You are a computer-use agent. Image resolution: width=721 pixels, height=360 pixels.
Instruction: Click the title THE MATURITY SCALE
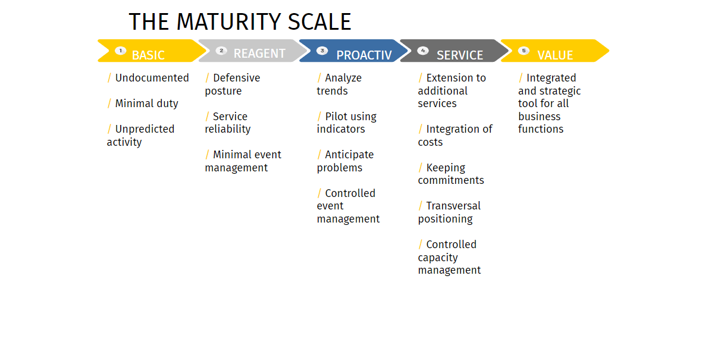pos(240,22)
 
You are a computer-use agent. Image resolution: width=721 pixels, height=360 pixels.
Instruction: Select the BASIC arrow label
pos(148,55)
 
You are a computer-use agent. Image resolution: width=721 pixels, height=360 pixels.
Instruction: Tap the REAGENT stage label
pos(259,54)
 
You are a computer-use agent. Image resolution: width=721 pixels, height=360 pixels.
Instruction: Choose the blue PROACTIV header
pos(363,55)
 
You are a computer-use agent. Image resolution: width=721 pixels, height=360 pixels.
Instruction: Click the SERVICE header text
pos(459,55)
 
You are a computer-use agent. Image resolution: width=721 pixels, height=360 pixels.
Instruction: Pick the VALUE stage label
pos(554,55)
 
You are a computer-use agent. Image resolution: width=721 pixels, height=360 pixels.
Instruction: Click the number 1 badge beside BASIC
pos(121,51)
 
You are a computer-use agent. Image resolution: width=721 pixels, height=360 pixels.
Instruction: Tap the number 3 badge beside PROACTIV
pos(322,51)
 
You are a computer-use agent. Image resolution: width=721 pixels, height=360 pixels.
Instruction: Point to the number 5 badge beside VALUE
pos(523,51)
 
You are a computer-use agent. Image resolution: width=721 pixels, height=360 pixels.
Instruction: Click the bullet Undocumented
pos(151,78)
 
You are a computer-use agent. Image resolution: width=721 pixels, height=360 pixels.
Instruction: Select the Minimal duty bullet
pos(146,104)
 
